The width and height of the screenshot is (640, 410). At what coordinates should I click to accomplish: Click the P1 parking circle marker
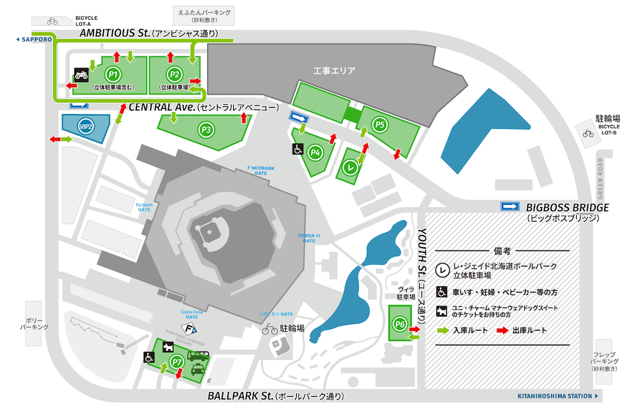(x=114, y=74)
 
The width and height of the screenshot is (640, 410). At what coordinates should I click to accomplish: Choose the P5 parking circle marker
(x=381, y=124)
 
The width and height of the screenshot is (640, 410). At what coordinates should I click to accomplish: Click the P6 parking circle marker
(x=400, y=325)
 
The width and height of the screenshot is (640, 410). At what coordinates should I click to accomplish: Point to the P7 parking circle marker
(x=178, y=363)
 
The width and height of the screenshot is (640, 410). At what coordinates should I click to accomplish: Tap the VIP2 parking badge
(x=86, y=127)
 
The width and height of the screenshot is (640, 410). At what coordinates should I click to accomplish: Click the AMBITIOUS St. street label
(x=113, y=33)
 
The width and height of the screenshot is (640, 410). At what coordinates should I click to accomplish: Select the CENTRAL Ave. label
(x=162, y=107)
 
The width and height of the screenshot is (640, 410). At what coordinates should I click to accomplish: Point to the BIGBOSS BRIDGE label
(x=567, y=208)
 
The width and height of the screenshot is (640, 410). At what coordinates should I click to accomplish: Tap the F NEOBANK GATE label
(x=260, y=170)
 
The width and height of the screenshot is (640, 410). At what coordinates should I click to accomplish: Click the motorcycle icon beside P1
(x=81, y=74)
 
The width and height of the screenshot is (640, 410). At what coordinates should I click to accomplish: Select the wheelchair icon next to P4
(x=298, y=149)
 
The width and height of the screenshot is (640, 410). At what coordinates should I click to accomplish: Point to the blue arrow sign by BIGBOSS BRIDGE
(x=510, y=206)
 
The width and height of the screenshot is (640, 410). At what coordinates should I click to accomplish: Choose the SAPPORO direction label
(x=34, y=39)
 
